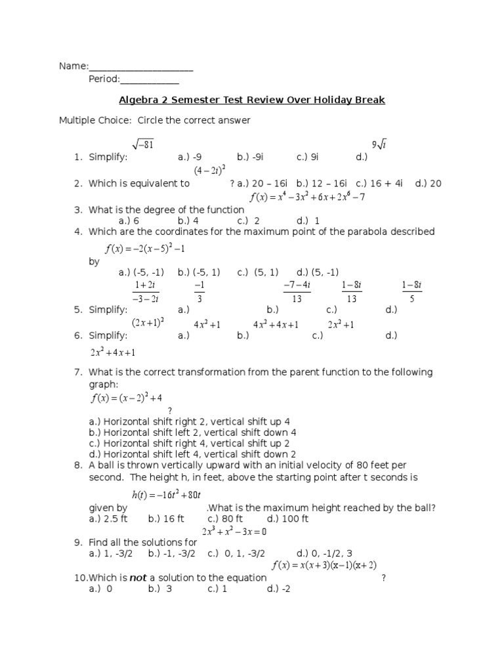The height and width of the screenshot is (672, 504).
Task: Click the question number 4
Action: coord(77,232)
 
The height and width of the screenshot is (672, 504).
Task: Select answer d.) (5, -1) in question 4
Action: coord(318,272)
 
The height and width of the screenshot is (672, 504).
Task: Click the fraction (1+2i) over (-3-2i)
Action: coord(146,291)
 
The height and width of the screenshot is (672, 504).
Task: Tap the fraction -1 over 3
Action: coord(199,291)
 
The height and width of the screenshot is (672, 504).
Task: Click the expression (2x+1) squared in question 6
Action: coord(148,323)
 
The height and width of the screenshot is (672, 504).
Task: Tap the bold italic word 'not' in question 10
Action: coord(138,577)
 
